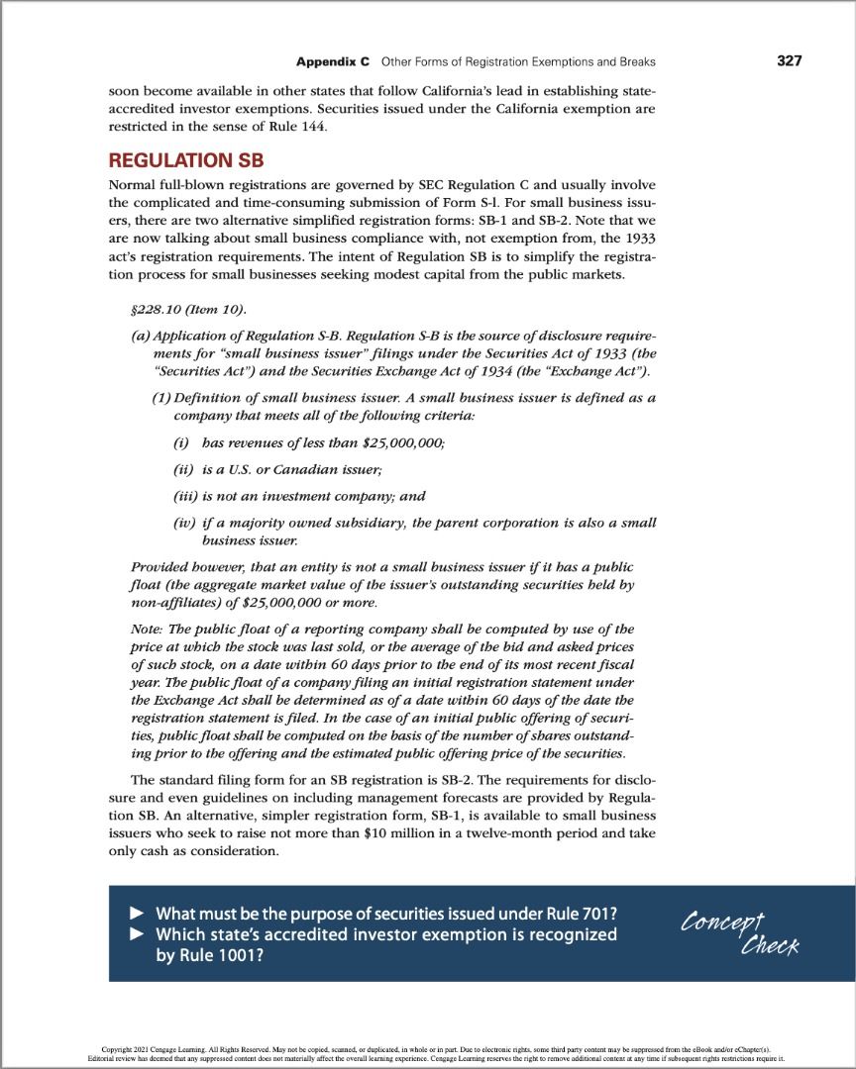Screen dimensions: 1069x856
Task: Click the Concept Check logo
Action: point(734,931)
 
